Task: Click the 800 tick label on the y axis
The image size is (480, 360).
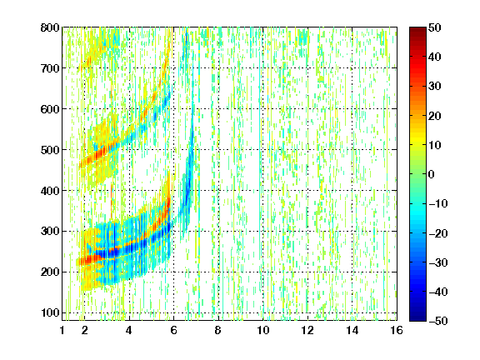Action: pyautogui.click(x=50, y=27)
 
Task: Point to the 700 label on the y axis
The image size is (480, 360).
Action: pyautogui.click(x=50, y=68)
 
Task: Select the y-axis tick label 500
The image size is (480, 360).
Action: pyautogui.click(x=50, y=150)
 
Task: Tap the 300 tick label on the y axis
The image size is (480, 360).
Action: pyautogui.click(x=50, y=232)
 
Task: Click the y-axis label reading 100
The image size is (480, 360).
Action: pyautogui.click(x=50, y=312)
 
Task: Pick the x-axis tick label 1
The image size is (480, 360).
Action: pyautogui.click(x=62, y=330)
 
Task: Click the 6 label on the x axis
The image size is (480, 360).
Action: pyautogui.click(x=173, y=330)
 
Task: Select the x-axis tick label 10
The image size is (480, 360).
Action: pyautogui.click(x=263, y=330)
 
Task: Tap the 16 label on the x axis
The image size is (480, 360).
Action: pyautogui.click(x=397, y=330)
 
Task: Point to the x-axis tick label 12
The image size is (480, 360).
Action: pyautogui.click(x=307, y=330)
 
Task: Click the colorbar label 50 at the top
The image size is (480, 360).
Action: pyautogui.click(x=435, y=27)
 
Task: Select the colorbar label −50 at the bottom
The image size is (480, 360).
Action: pyautogui.click(x=438, y=321)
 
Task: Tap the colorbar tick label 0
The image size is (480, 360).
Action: pyautogui.click(x=432, y=174)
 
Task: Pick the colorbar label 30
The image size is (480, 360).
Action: pyautogui.click(x=435, y=87)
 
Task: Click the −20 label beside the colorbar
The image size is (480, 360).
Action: pyautogui.click(x=438, y=233)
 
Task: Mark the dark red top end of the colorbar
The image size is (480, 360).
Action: pyautogui.click(x=417, y=29)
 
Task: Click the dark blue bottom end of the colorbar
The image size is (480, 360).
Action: pyautogui.click(x=417, y=319)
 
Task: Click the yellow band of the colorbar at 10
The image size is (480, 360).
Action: pyautogui.click(x=417, y=145)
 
